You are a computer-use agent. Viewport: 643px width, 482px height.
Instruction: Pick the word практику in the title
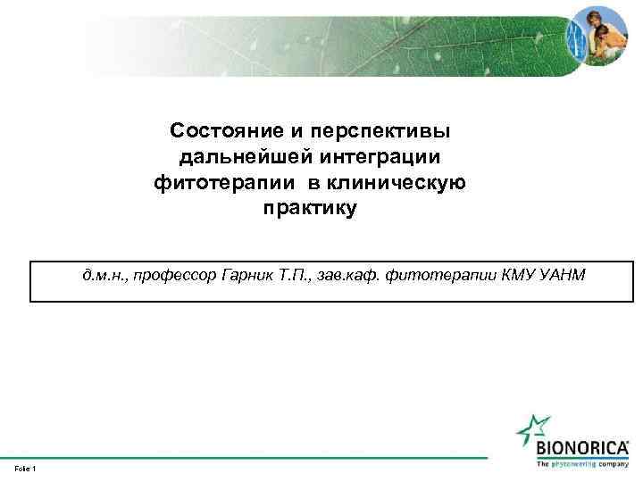click(310, 210)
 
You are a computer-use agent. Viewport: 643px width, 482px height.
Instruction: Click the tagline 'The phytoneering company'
click(582, 463)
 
